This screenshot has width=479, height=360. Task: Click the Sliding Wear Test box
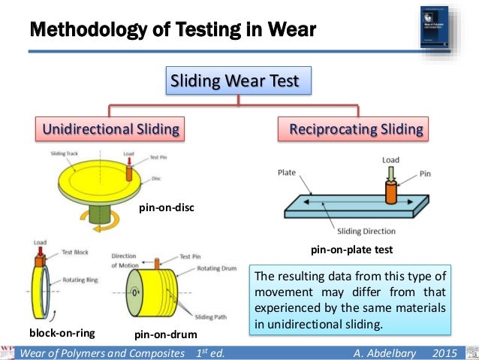click(238, 81)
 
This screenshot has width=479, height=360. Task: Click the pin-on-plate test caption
click(352, 249)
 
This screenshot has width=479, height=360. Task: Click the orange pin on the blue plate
click(390, 192)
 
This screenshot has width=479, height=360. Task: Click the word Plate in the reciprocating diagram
click(288, 171)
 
